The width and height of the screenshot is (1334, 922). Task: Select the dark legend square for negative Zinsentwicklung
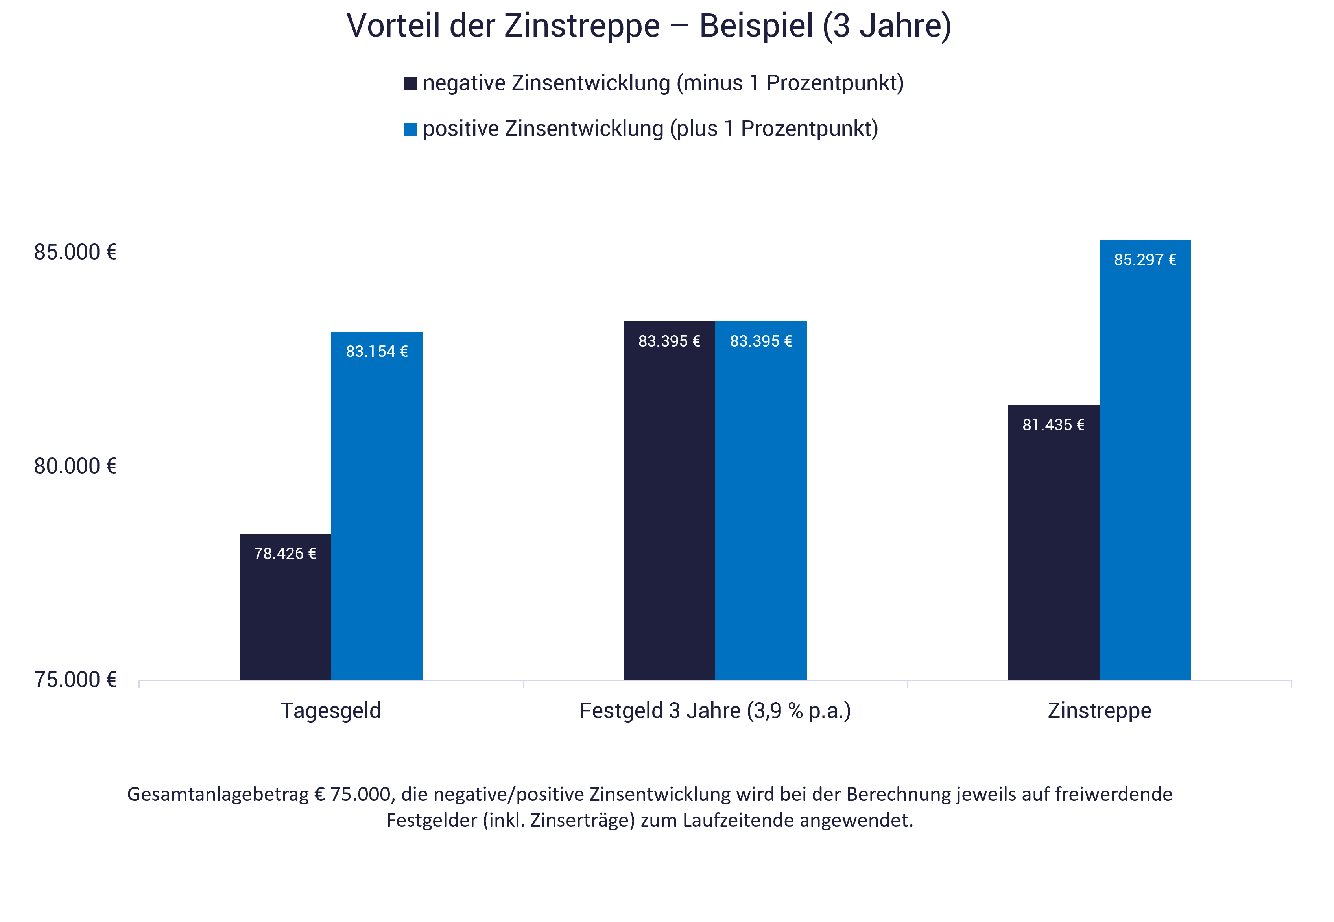tap(411, 84)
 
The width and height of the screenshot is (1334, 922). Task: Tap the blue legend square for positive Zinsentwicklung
tap(411, 129)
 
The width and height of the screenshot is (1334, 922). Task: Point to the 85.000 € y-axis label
tap(75, 253)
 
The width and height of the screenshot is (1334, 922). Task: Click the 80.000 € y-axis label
tap(75, 466)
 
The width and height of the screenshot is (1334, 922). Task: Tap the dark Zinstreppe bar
tap(1053, 549)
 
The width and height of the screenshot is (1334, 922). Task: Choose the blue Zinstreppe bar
tap(1145, 462)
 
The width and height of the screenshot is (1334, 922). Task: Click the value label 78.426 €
tap(285, 553)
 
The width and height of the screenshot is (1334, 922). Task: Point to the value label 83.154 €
tap(377, 351)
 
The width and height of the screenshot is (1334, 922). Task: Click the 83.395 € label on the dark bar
tap(669, 341)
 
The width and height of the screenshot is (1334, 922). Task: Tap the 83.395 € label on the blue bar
tap(761, 341)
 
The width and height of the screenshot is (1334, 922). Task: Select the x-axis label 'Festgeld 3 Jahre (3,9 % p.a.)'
tap(715, 710)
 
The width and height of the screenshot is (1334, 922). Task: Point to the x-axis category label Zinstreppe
tap(1100, 710)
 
